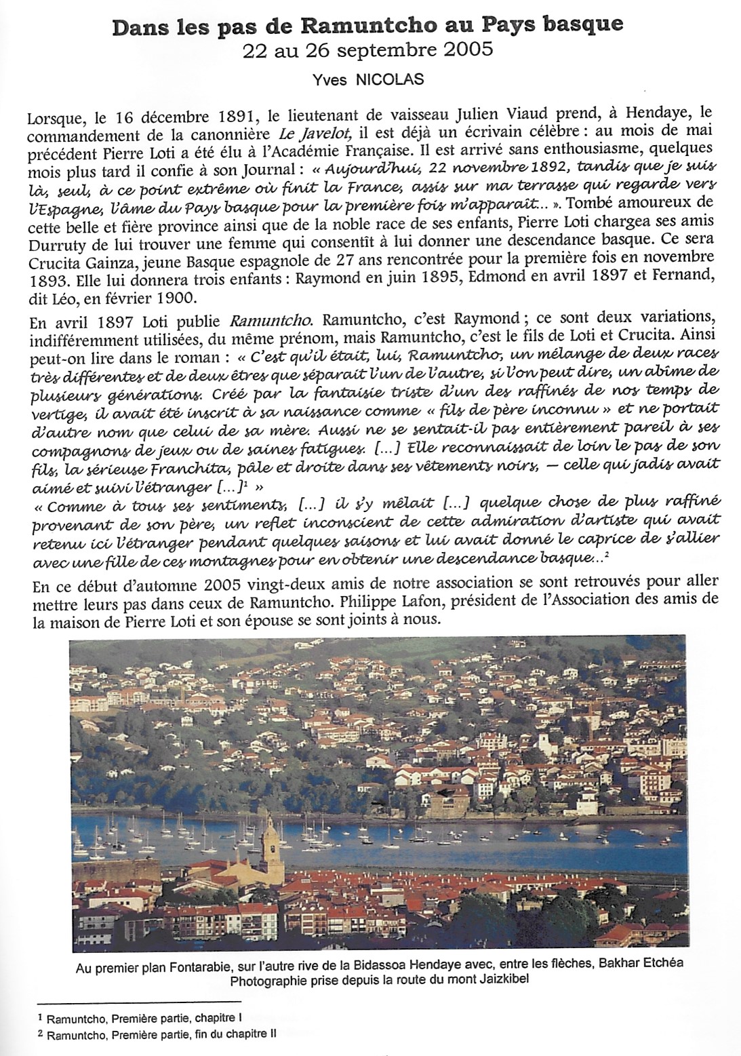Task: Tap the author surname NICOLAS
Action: (x=395, y=79)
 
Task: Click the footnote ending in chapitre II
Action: (x=162, y=1035)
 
